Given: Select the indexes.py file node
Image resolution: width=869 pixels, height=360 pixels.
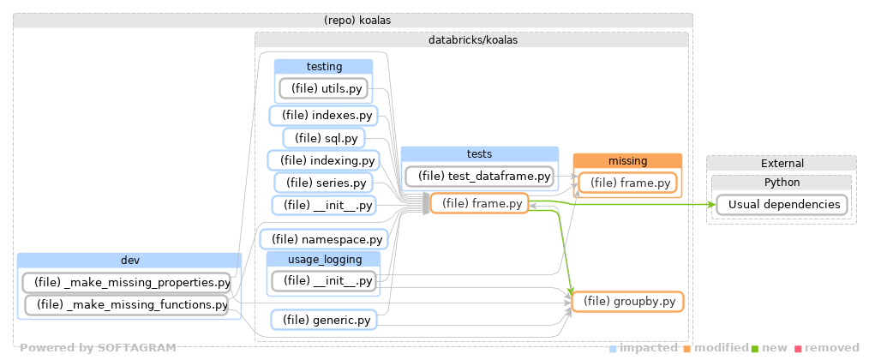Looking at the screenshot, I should [322, 115].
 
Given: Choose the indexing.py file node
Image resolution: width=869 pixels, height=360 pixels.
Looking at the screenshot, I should [323, 160].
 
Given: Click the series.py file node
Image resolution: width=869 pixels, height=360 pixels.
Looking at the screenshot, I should [323, 183].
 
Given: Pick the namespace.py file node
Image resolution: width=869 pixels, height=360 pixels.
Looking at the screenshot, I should [323, 240].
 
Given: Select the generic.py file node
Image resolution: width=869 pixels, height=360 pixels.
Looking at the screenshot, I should [323, 321].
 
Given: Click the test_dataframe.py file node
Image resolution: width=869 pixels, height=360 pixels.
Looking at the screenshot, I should [480, 177].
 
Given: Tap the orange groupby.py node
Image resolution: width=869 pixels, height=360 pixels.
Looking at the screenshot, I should [627, 302].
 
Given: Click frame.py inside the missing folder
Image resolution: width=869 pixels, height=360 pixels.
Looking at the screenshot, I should [627, 183].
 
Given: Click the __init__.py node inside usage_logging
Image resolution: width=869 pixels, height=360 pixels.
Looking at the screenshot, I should [323, 280].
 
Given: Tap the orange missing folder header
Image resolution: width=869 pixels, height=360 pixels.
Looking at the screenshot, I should [627, 160].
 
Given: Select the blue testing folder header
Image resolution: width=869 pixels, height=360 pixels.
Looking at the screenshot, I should [323, 66].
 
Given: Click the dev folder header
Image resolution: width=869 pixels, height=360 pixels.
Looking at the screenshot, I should [129, 261].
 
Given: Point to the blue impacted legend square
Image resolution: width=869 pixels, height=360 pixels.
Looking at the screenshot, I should [613, 349].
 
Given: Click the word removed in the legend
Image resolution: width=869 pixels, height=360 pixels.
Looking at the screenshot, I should [830, 348].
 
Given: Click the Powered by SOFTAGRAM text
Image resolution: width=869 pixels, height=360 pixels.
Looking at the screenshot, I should [98, 348].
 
